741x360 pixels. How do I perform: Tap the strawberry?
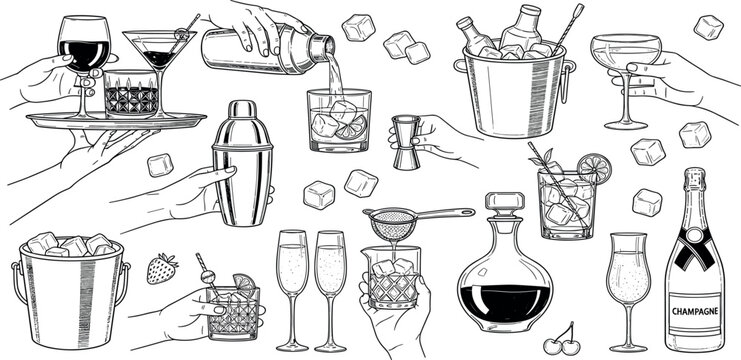click(x=162, y=268)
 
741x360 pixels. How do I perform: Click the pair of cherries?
click(x=565, y=338)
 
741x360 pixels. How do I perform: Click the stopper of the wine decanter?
click(x=505, y=205)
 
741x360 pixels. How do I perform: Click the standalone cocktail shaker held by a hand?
click(x=243, y=165)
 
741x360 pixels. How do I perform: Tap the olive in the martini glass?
click(x=181, y=36)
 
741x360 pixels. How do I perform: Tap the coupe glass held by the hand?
click(x=626, y=60)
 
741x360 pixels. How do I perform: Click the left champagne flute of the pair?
click(x=292, y=280)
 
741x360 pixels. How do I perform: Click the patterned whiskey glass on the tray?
click(x=131, y=95)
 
